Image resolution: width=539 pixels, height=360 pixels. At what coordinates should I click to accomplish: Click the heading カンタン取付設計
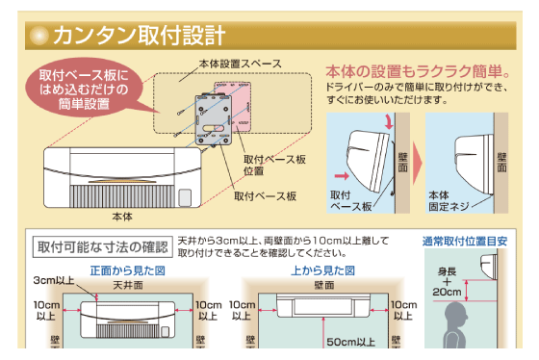[140, 36]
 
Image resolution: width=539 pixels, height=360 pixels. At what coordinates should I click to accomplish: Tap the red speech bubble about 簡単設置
[85, 88]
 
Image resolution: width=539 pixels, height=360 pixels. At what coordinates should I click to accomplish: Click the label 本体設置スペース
[241, 64]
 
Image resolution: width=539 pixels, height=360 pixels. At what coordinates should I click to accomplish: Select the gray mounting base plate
[214, 119]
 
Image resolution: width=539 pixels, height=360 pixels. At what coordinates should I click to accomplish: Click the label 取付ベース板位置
[274, 165]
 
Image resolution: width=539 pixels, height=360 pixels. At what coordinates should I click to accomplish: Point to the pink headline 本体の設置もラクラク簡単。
[418, 71]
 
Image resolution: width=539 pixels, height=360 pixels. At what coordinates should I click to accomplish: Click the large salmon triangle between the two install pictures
[417, 163]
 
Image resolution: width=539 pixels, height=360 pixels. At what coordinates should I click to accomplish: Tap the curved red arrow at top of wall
[389, 122]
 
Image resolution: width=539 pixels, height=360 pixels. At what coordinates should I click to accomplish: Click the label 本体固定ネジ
[449, 201]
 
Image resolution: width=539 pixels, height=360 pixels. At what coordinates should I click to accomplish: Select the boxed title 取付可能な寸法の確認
[102, 246]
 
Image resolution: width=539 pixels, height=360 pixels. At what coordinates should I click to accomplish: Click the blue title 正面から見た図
[127, 270]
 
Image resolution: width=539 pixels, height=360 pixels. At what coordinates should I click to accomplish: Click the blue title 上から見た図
[322, 270]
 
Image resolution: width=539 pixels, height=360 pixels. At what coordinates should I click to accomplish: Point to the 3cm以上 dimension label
[54, 280]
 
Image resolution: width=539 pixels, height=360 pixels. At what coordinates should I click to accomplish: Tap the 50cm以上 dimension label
[350, 342]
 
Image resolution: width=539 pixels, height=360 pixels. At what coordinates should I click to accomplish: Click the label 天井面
[128, 285]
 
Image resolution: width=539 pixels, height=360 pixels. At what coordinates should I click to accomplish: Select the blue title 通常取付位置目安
[465, 242]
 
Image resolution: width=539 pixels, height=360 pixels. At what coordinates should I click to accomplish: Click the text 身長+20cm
[447, 282]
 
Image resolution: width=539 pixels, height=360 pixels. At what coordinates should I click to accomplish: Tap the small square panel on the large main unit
[185, 197]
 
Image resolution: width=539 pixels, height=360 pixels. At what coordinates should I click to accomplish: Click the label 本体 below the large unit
[122, 217]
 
